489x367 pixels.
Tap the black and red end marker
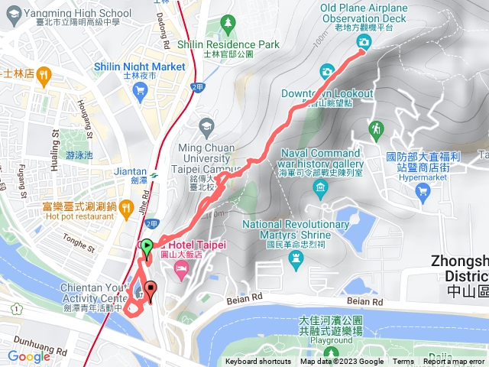pos(151,291)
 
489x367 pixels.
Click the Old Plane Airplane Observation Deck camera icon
pos(363,44)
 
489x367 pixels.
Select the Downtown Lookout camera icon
pos(326,72)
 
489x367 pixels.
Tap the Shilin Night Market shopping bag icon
pos(139,92)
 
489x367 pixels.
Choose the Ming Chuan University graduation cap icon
pos(206,125)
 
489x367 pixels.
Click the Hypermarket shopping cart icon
pos(422,192)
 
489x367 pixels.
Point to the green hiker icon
pos(375,128)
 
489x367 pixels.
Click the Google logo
pos(29,356)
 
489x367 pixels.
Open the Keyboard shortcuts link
pos(257,362)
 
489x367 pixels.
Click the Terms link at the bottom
pos(403,362)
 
